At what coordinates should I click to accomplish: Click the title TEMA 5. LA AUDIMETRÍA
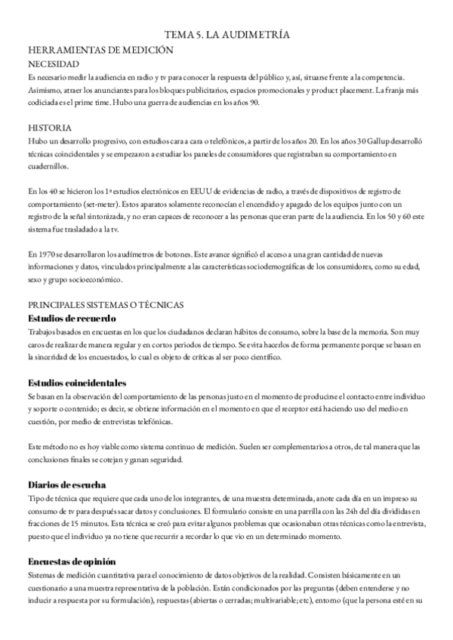tap(227, 35)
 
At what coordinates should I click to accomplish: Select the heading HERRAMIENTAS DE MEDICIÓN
tap(100, 50)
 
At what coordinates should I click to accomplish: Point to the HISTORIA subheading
tap(50, 128)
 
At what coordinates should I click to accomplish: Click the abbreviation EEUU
tap(196, 192)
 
